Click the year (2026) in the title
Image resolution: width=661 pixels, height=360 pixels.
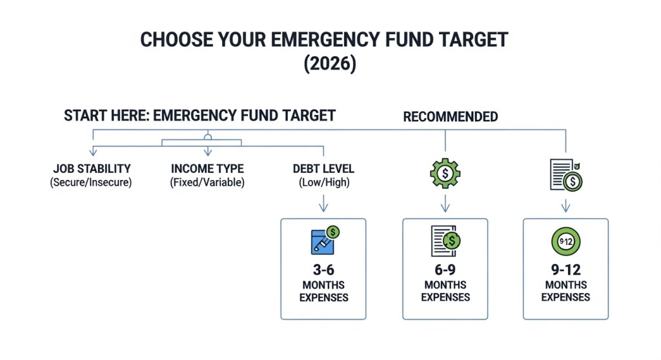coord(324,66)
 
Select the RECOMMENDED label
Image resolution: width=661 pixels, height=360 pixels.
coord(451,117)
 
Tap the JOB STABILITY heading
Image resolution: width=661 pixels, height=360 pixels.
coord(92,169)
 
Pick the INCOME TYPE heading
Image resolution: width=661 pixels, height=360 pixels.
coord(207,169)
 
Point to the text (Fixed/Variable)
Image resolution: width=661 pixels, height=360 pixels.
coord(207,183)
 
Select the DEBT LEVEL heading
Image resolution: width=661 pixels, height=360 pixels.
coord(323,169)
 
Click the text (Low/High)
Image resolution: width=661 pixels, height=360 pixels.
coord(323,183)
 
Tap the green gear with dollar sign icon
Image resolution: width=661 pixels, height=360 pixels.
coord(445,173)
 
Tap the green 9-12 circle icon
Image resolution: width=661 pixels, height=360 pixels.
coord(565,242)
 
